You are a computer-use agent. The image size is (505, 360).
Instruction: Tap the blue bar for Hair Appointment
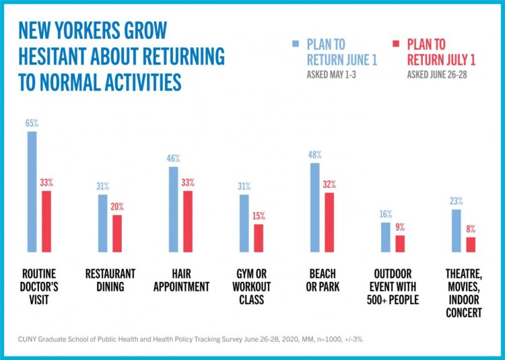173,209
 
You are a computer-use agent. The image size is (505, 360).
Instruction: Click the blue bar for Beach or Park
314,208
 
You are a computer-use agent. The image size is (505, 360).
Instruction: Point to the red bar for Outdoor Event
400,244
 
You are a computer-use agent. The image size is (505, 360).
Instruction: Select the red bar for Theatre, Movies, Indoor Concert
471,245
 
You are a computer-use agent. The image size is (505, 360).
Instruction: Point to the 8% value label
471,229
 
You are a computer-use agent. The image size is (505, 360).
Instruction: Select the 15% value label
259,217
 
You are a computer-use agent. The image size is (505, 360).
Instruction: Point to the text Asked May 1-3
331,75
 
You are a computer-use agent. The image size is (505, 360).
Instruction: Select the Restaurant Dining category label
110,281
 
